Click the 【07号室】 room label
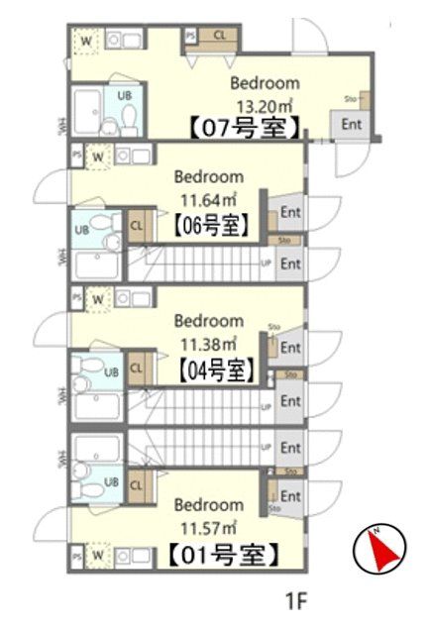[244, 127]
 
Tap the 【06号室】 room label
[211, 224]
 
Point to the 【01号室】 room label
[219, 554]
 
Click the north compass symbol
[380, 548]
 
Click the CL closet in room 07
[219, 36]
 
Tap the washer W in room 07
[87, 41]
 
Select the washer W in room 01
[98, 556]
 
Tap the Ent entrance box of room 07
[351, 124]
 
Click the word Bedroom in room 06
[208, 178]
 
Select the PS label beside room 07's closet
[189, 36]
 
